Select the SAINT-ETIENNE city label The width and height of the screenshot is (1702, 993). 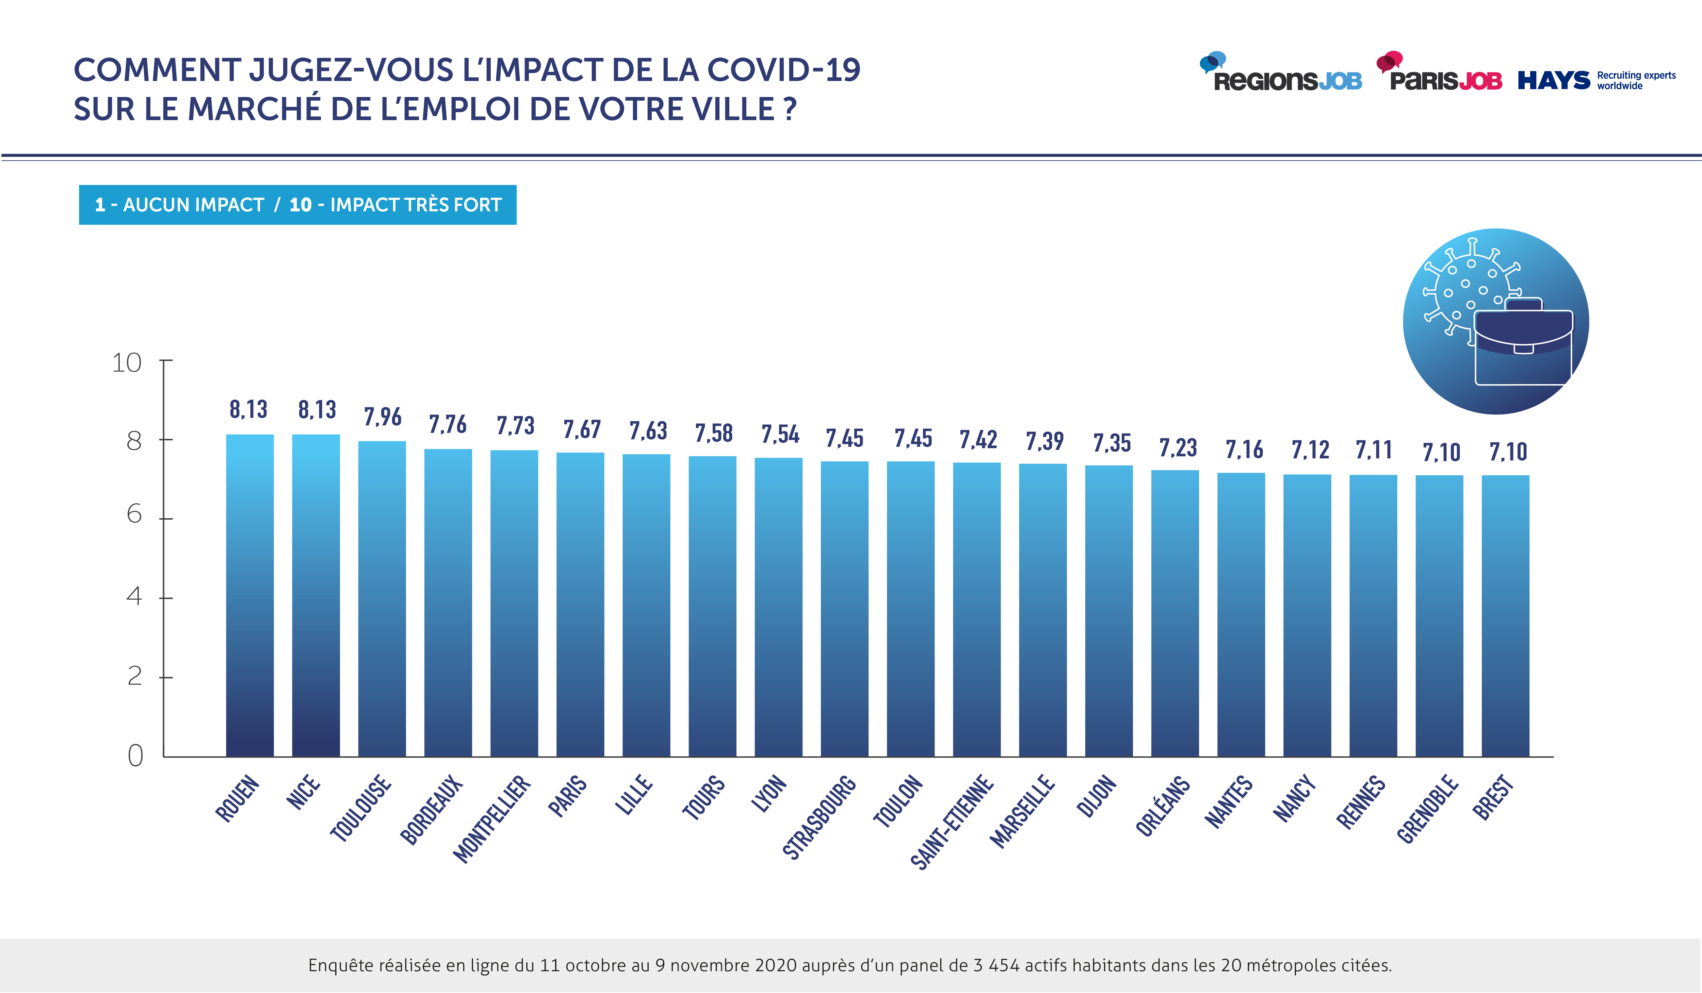pyautogui.click(x=952, y=822)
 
